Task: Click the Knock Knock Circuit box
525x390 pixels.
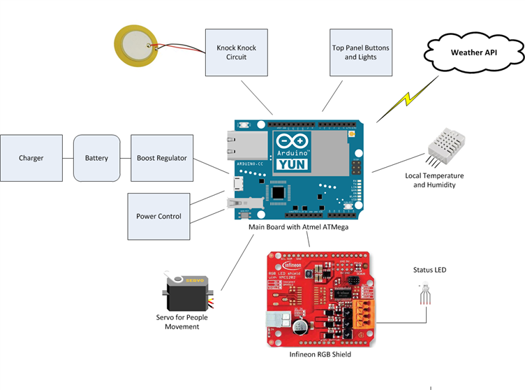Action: [236, 52]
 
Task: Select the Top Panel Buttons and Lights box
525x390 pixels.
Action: [360, 52]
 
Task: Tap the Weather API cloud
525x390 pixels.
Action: [474, 52]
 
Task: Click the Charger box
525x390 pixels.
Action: [31, 158]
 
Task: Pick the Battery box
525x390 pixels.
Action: [96, 158]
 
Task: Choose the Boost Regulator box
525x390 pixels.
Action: [161, 158]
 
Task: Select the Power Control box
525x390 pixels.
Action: [158, 216]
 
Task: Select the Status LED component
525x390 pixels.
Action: [425, 294]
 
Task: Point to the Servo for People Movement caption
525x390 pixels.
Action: [182, 322]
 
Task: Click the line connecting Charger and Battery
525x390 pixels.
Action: [68, 158]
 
